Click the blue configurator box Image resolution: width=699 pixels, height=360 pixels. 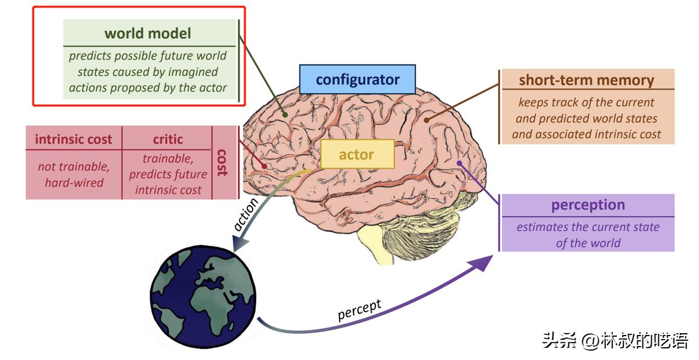click(x=358, y=79)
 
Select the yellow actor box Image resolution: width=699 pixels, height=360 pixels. click(x=356, y=154)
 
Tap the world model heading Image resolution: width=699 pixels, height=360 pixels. click(x=147, y=33)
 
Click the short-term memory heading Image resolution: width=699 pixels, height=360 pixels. click(x=586, y=80)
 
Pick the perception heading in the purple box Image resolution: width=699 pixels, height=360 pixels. click(x=588, y=205)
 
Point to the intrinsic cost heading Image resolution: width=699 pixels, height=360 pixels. click(x=73, y=139)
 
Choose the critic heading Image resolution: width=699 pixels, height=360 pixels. click(x=168, y=139)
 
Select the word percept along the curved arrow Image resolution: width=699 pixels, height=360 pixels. click(x=359, y=310)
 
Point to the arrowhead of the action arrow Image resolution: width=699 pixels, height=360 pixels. click(x=237, y=244)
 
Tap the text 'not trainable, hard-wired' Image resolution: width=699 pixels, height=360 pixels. click(x=73, y=175)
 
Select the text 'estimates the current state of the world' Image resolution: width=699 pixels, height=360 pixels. click(x=588, y=235)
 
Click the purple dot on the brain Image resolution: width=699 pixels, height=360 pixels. click(x=459, y=163)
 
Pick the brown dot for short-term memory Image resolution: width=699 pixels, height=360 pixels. click(x=427, y=120)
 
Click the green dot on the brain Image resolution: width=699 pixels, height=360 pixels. click(x=285, y=115)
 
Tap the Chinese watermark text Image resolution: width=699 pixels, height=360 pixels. click(x=615, y=340)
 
